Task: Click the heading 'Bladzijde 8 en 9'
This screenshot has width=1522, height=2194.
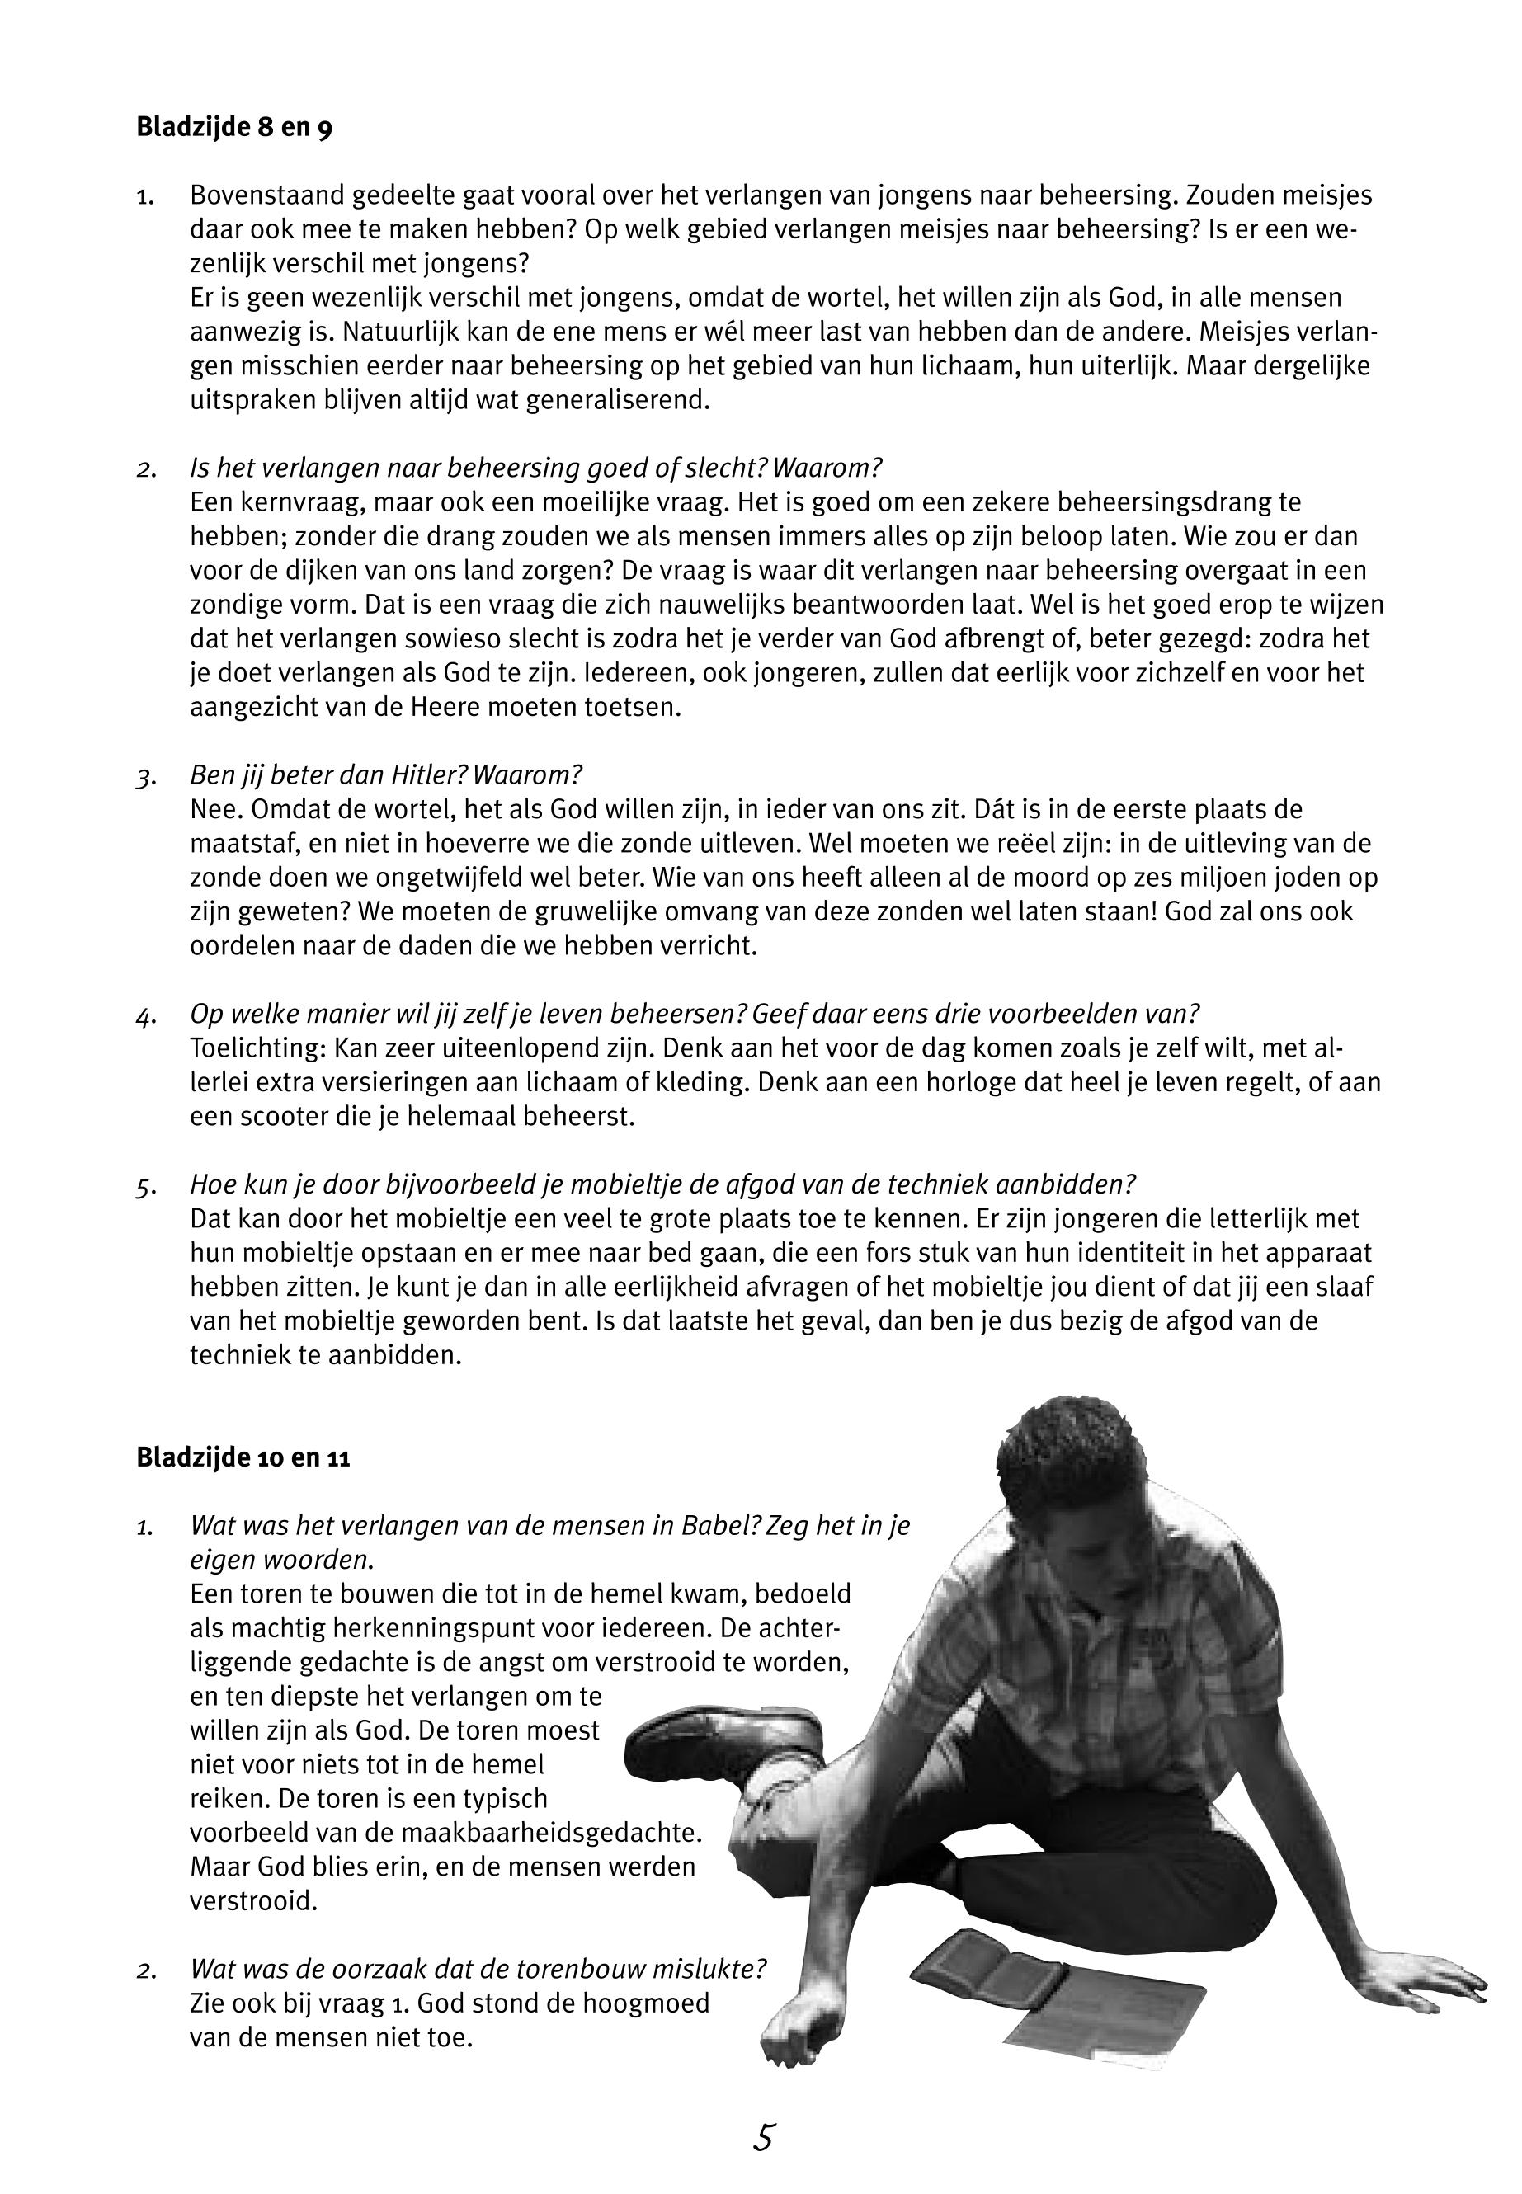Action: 233,128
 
